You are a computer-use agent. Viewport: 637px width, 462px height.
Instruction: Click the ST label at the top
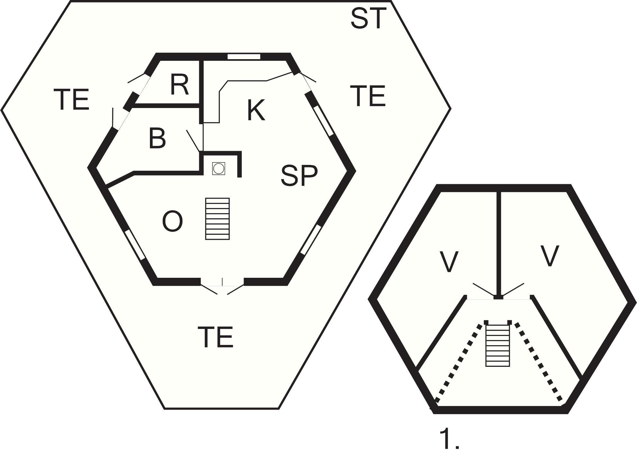[368, 19]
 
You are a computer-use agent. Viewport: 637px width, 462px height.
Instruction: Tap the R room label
[179, 84]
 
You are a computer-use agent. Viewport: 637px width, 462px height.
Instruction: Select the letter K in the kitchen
[256, 110]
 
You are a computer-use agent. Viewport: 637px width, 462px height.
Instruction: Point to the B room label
[157, 138]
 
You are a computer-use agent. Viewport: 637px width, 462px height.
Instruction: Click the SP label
[299, 176]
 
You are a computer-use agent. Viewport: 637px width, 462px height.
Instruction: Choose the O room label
[172, 221]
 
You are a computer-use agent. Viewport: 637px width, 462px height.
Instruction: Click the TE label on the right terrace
[368, 95]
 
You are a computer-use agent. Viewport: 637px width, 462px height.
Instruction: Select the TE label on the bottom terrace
[215, 337]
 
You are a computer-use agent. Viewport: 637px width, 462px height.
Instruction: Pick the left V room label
[448, 262]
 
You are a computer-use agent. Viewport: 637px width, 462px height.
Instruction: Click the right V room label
[549, 256]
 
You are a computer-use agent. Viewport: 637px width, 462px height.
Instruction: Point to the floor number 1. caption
[449, 439]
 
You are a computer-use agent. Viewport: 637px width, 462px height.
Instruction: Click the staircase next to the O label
[217, 219]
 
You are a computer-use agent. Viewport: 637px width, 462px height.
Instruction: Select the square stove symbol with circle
[218, 168]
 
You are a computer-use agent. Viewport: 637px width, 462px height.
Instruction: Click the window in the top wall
[244, 57]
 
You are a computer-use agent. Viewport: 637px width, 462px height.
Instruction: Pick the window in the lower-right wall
[311, 240]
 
